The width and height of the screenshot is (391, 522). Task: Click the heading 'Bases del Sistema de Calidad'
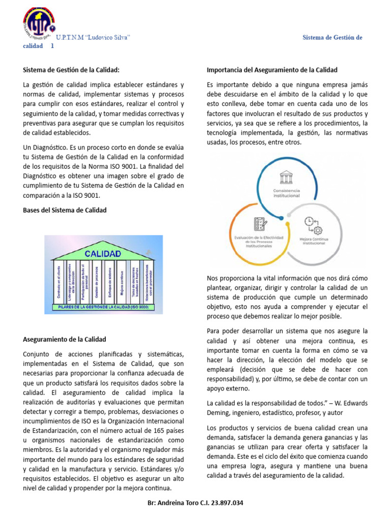65,210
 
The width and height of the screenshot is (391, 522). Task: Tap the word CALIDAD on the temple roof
102,253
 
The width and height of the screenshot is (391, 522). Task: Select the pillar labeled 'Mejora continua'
122,283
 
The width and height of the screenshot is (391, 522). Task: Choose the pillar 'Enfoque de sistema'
109,283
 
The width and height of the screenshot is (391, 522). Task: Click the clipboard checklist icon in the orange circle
260,224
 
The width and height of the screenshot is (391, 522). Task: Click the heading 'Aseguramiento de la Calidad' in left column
65,339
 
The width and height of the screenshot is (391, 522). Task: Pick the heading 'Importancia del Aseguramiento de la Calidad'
272,70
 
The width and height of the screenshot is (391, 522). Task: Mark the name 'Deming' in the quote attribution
218,412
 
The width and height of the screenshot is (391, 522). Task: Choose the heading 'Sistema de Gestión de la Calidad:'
71,70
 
